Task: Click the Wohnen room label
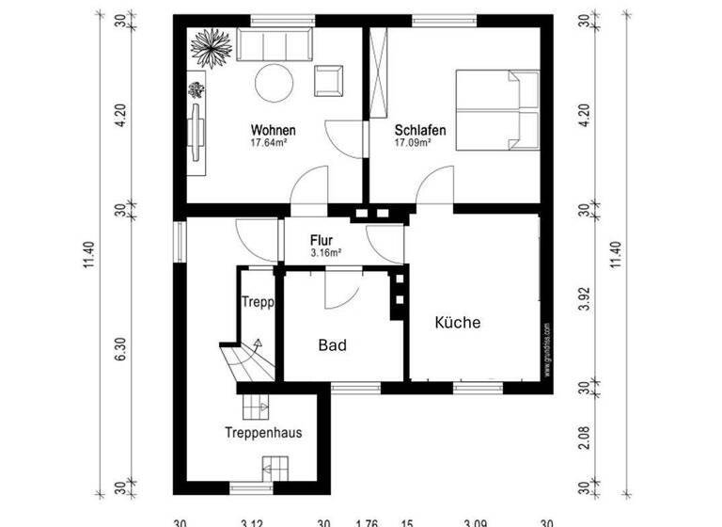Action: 274,130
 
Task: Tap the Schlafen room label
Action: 419,130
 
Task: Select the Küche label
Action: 458,323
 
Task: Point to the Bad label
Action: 332,345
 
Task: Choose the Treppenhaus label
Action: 263,434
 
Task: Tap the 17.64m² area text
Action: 269,144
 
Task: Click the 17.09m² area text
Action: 413,144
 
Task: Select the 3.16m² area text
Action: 325,253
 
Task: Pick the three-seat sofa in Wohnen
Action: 275,46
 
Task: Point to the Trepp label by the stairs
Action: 257,303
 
